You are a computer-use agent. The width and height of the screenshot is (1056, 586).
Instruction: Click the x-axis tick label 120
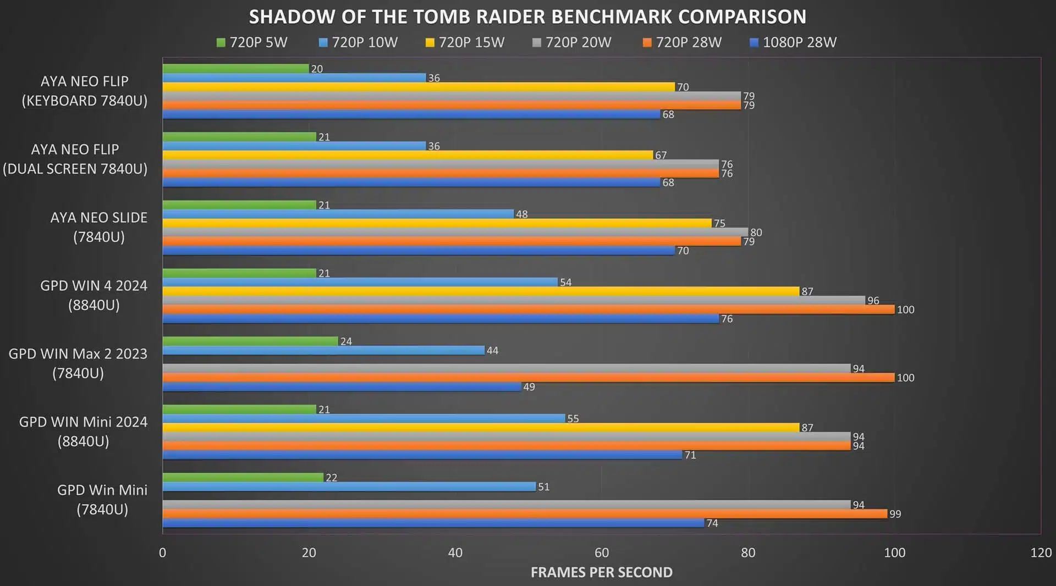[1041, 552]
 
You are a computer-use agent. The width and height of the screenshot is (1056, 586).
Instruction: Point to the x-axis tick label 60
[602, 552]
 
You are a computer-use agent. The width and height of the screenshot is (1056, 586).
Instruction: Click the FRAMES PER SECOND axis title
[601, 572]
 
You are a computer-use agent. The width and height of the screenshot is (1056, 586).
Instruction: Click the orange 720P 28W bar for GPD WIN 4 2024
[528, 309]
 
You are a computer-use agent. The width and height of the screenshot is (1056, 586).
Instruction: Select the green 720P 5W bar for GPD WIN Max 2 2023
[250, 341]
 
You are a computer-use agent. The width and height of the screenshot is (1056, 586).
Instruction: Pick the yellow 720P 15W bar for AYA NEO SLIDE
[437, 223]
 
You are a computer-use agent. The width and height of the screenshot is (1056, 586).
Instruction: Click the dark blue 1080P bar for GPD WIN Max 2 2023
[342, 387]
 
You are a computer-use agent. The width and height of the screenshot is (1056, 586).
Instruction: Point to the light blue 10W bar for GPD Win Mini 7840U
[349, 487]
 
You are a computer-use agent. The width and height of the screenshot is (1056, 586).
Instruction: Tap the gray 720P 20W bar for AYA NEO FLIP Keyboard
[452, 96]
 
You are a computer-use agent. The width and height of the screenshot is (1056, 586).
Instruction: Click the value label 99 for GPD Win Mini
[895, 514]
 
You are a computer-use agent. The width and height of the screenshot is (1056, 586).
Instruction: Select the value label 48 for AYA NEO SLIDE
[521, 214]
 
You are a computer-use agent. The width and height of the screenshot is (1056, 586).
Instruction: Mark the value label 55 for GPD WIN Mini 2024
[573, 419]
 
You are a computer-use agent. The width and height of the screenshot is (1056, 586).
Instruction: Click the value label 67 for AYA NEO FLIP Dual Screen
[661, 156]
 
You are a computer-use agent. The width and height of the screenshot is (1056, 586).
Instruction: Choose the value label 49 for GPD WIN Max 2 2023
[529, 387]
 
